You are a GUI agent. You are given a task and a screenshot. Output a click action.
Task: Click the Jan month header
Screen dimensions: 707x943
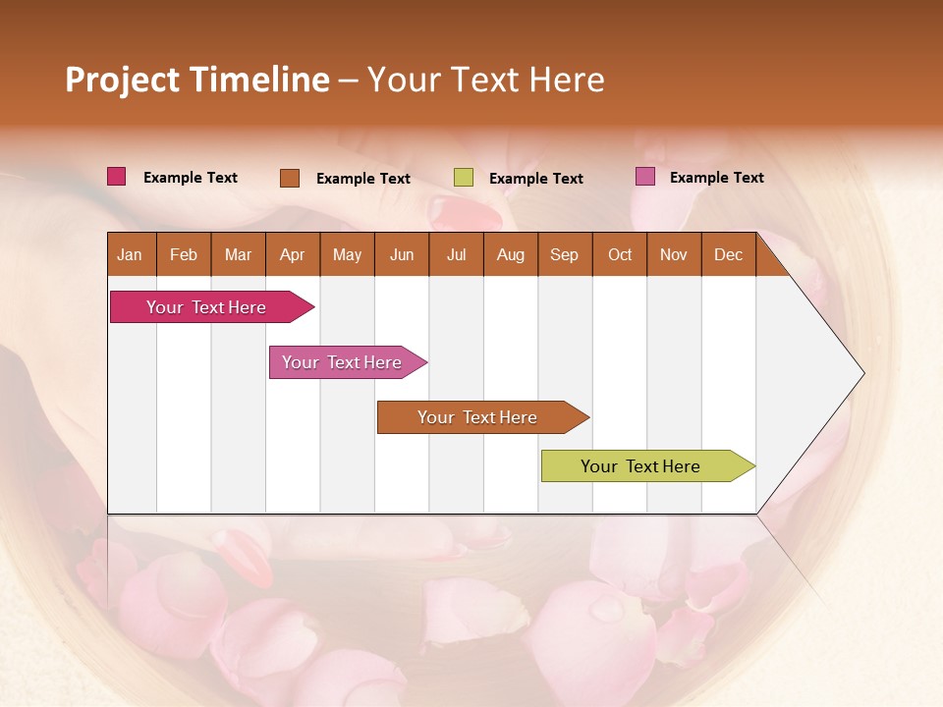click(130, 254)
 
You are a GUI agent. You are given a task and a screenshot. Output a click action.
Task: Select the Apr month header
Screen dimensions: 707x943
click(292, 254)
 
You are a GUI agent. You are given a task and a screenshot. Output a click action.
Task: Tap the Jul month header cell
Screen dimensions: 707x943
click(456, 254)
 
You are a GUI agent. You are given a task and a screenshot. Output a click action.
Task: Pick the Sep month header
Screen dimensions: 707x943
click(564, 254)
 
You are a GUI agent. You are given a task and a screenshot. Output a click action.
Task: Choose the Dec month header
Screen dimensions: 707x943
click(728, 254)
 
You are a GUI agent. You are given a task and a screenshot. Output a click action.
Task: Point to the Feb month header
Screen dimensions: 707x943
click(184, 254)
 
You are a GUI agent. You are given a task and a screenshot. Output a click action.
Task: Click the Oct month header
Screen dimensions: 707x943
click(620, 254)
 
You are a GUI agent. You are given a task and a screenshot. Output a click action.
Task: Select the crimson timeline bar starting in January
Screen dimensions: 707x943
click(206, 307)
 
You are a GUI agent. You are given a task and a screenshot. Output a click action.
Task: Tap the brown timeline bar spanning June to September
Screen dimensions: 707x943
click(478, 417)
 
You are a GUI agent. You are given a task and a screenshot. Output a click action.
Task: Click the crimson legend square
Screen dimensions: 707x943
click(117, 177)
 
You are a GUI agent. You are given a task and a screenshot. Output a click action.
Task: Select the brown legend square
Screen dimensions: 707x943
click(290, 178)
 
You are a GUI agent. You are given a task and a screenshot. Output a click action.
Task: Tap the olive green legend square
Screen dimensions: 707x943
click(464, 178)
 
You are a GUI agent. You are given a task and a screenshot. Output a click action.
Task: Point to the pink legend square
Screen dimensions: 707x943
click(645, 177)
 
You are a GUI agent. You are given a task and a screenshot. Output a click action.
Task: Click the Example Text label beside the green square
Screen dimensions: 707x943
click(535, 179)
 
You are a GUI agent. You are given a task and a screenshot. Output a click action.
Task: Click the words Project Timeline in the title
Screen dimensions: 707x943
click(196, 80)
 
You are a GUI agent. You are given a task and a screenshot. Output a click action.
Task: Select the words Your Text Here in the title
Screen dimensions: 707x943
click(485, 80)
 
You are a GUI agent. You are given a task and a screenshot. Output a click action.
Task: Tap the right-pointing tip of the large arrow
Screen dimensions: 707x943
click(860, 373)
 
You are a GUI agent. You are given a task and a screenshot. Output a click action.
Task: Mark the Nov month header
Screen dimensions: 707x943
click(674, 254)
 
